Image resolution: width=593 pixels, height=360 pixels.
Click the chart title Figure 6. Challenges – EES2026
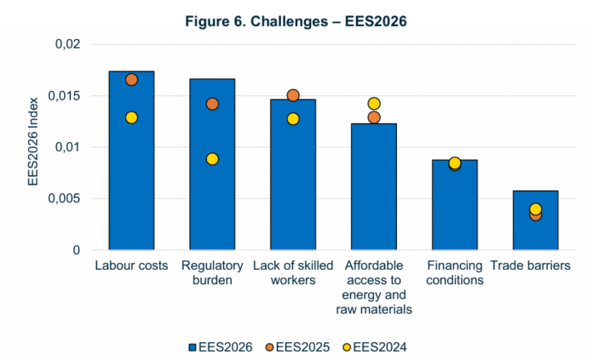point(296,21)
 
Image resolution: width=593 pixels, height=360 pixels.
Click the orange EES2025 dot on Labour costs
point(131,80)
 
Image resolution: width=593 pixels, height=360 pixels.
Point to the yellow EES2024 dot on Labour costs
point(131,117)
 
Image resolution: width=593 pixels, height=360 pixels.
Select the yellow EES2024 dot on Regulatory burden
point(212,159)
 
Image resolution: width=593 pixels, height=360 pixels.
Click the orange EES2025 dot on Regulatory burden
point(212,104)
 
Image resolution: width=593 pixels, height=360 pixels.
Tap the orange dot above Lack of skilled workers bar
point(293,95)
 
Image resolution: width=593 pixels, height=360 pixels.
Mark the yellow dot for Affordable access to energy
point(374,104)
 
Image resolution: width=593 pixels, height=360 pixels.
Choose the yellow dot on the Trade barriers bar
point(535,209)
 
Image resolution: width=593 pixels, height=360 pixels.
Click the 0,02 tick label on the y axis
point(68,44)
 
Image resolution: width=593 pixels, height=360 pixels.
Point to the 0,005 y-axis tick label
point(64,198)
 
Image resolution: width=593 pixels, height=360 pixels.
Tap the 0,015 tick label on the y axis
point(64,95)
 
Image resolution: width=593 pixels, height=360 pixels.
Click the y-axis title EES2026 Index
point(33,141)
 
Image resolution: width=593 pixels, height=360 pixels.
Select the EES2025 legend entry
point(297,347)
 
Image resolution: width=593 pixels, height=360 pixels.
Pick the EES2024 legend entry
point(375,347)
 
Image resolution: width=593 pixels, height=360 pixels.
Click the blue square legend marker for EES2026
point(193,347)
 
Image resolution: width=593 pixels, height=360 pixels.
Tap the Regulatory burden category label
point(212,272)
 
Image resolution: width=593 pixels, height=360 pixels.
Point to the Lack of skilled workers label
point(293,272)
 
